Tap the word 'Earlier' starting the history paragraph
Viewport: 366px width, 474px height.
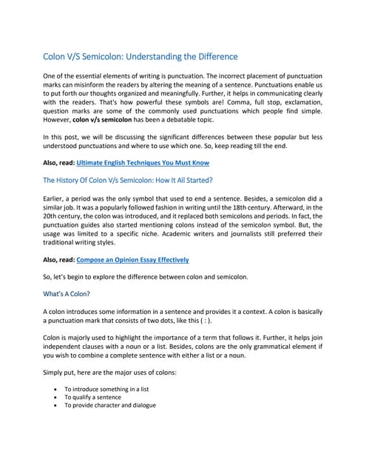(55, 200)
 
